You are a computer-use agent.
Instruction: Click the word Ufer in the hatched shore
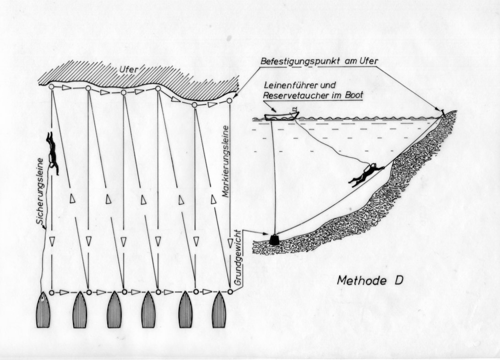coord(129,69)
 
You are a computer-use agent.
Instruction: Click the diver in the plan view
coord(53,153)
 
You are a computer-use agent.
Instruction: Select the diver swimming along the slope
coord(366,174)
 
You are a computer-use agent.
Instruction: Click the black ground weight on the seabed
coord(274,239)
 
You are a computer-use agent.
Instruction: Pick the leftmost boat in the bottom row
coord(43,310)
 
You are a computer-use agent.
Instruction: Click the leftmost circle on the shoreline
coord(52,86)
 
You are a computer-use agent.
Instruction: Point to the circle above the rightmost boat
coord(230,291)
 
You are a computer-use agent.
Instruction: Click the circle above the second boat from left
coord(89,291)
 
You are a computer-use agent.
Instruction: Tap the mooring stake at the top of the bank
coord(443,111)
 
